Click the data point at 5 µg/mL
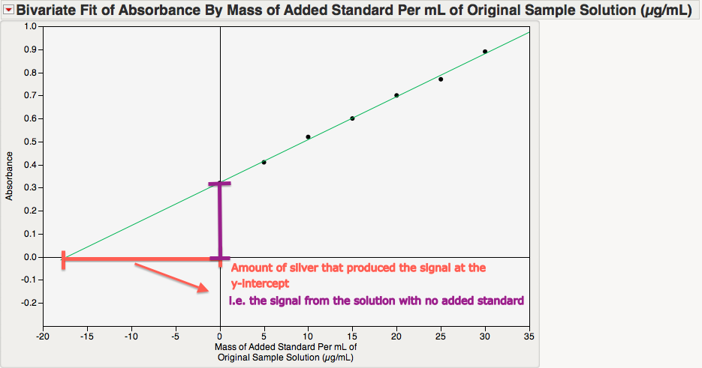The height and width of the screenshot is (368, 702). (x=264, y=162)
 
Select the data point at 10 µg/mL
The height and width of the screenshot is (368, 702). (x=308, y=137)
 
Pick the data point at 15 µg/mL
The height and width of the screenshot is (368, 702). (x=352, y=118)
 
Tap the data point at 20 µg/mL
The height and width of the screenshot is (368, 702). (x=396, y=95)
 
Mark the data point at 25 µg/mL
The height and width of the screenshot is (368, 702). (x=441, y=79)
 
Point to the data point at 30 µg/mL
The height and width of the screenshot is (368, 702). (x=485, y=52)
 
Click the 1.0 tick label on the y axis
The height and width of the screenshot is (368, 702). (x=30, y=26)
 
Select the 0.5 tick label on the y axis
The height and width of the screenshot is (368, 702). (x=30, y=142)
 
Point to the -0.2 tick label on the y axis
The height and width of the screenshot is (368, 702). (x=29, y=303)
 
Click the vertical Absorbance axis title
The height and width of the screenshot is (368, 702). (x=11, y=176)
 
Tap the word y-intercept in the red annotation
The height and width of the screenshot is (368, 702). (x=260, y=284)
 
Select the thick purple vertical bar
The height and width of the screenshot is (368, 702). (x=220, y=221)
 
